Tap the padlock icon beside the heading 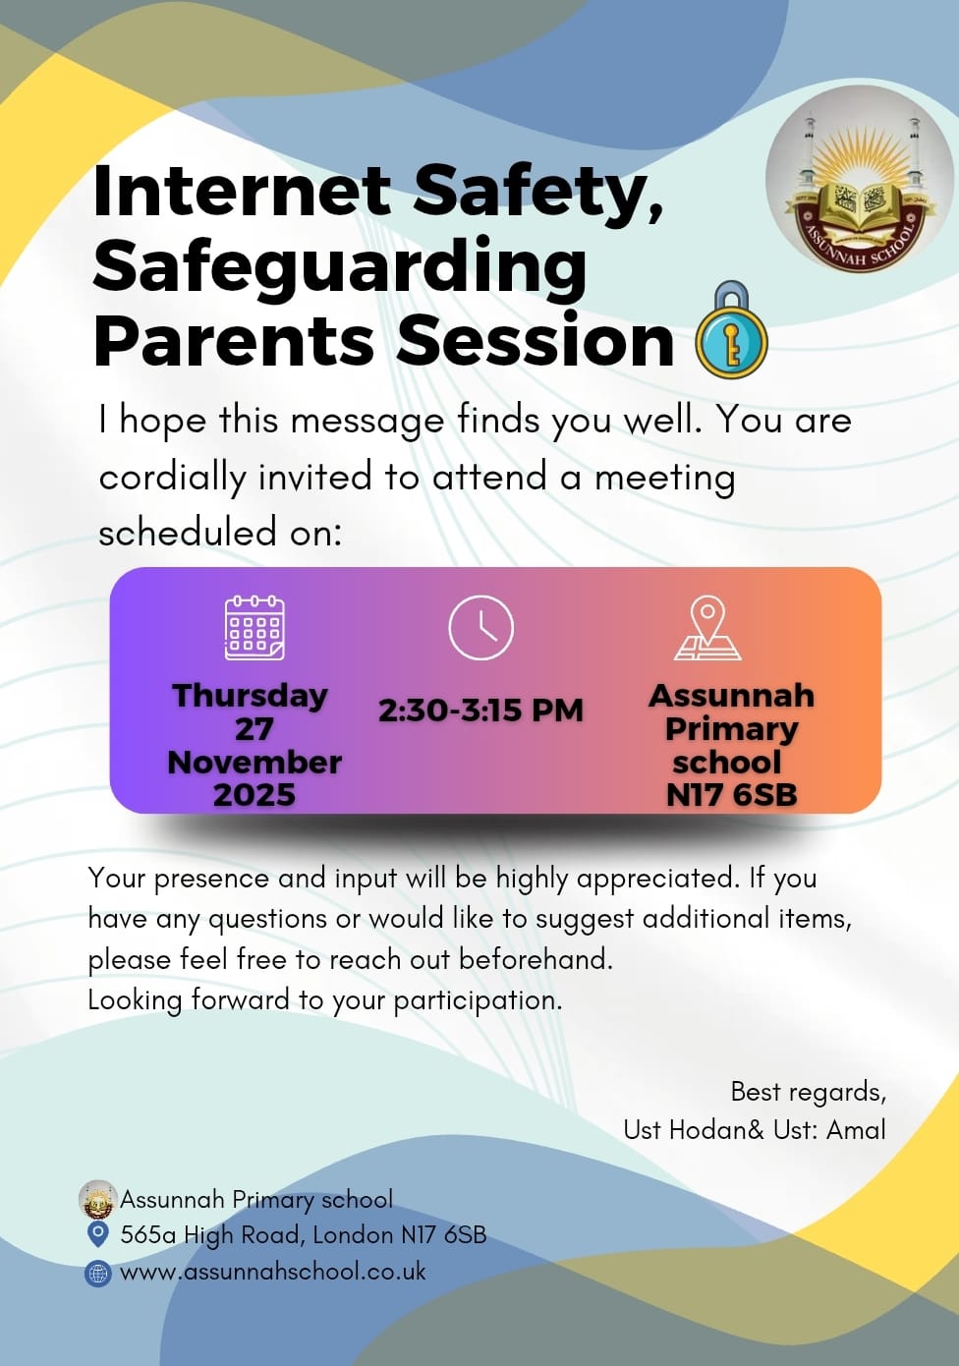[731, 331]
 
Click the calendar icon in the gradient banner [254, 627]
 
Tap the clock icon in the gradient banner [480, 627]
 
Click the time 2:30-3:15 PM [480, 710]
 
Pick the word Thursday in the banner [251, 695]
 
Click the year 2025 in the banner [254, 794]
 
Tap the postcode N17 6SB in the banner [731, 794]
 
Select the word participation [478, 1000]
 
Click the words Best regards [808, 1092]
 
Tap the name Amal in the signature [856, 1130]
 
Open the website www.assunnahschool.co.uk [273, 1272]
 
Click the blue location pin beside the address [98, 1233]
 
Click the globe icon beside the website [98, 1274]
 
